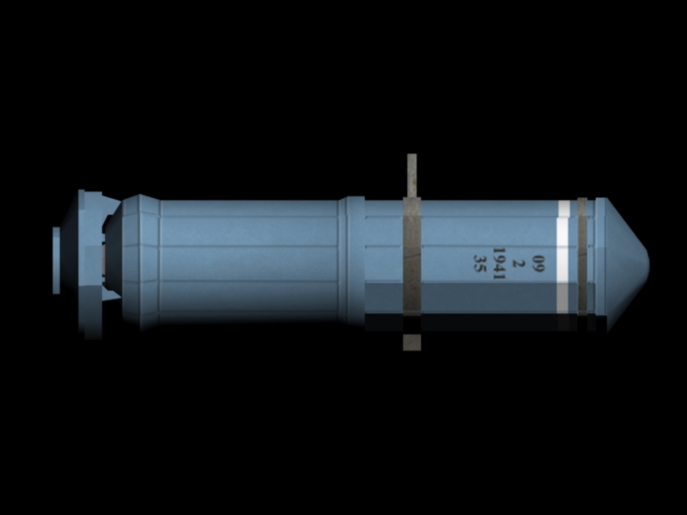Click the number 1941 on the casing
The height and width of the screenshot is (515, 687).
[499, 264]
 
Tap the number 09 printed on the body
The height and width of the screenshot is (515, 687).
[538, 264]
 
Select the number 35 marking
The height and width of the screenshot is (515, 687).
[480, 264]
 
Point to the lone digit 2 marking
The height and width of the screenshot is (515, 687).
[519, 264]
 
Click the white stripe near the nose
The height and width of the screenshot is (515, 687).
[563, 257]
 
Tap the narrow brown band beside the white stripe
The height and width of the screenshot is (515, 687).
[582, 256]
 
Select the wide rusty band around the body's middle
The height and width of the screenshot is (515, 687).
[412, 256]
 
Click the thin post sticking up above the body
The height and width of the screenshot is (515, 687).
[412, 175]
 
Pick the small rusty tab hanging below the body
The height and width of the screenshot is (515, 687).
[412, 342]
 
